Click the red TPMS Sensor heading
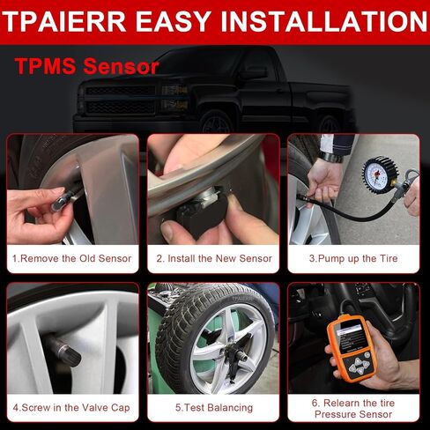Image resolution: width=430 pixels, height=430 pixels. (x=86, y=66)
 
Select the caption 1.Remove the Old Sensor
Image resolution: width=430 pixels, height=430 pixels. (x=71, y=258)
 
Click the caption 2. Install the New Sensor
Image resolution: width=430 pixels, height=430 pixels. (x=214, y=258)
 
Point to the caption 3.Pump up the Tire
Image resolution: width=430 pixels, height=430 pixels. (x=352, y=258)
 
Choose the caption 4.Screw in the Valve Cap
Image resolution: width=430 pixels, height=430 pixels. (x=71, y=407)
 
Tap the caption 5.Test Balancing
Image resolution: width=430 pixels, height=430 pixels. (x=214, y=407)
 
